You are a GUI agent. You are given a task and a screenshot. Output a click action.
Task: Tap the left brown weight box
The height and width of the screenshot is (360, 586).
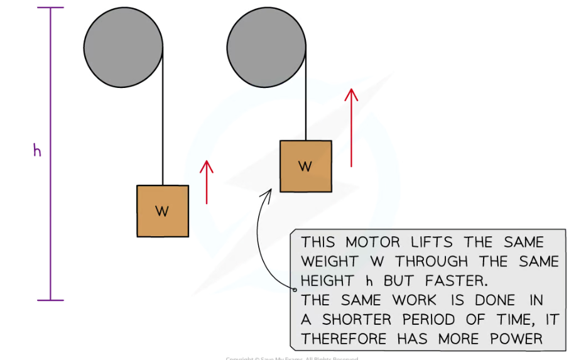[x=163, y=211]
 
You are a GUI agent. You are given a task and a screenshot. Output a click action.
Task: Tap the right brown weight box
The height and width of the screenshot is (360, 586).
[x=305, y=166]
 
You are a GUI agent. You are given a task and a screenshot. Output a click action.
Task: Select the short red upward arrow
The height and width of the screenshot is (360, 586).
[x=207, y=182]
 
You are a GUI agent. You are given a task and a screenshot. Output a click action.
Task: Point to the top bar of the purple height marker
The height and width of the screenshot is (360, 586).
[x=50, y=8]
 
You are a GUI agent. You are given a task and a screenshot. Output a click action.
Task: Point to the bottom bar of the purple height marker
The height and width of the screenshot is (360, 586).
[x=50, y=300]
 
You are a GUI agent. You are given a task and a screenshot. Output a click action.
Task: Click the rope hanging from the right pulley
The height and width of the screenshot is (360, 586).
[x=306, y=94]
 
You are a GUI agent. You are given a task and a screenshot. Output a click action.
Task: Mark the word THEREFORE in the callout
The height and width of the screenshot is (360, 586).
[x=345, y=339]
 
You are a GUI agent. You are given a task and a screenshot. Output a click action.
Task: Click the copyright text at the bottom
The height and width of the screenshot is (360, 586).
[x=292, y=358]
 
